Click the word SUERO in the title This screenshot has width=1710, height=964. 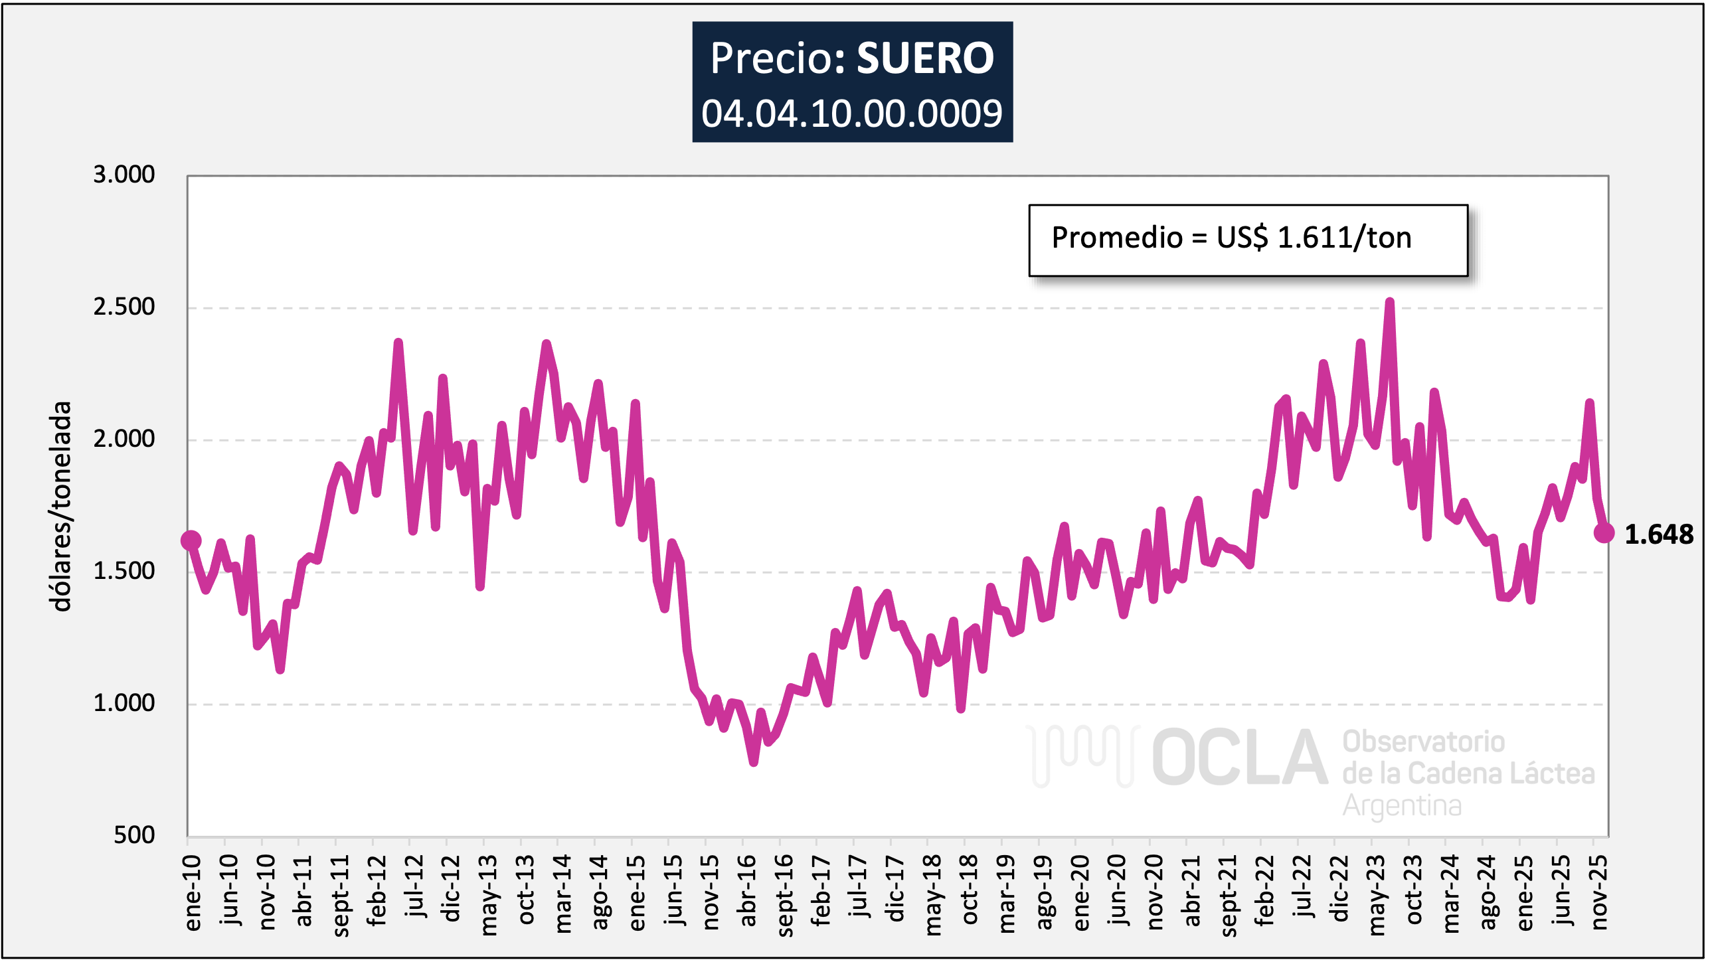tap(925, 58)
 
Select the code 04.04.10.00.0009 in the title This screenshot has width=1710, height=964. tap(852, 114)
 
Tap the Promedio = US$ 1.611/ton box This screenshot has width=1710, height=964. tap(1247, 239)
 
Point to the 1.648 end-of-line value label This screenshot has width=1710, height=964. tap(1658, 534)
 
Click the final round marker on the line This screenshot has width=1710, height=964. tap(1604, 532)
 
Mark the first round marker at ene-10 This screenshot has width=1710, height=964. tap(191, 540)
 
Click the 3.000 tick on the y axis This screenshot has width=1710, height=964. tap(124, 175)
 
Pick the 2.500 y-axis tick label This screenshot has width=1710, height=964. tap(124, 307)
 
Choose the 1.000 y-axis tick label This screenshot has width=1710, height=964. tap(124, 703)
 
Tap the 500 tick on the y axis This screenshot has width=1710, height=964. tap(133, 835)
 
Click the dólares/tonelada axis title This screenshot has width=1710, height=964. tap(61, 506)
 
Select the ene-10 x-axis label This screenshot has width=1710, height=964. tap(193, 893)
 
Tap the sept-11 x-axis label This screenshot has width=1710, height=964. tap(341, 896)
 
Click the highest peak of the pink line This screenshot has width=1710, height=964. tap(1389, 302)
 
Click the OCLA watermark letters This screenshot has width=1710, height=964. tap(1239, 758)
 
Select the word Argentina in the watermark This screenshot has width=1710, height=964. tap(1402, 806)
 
